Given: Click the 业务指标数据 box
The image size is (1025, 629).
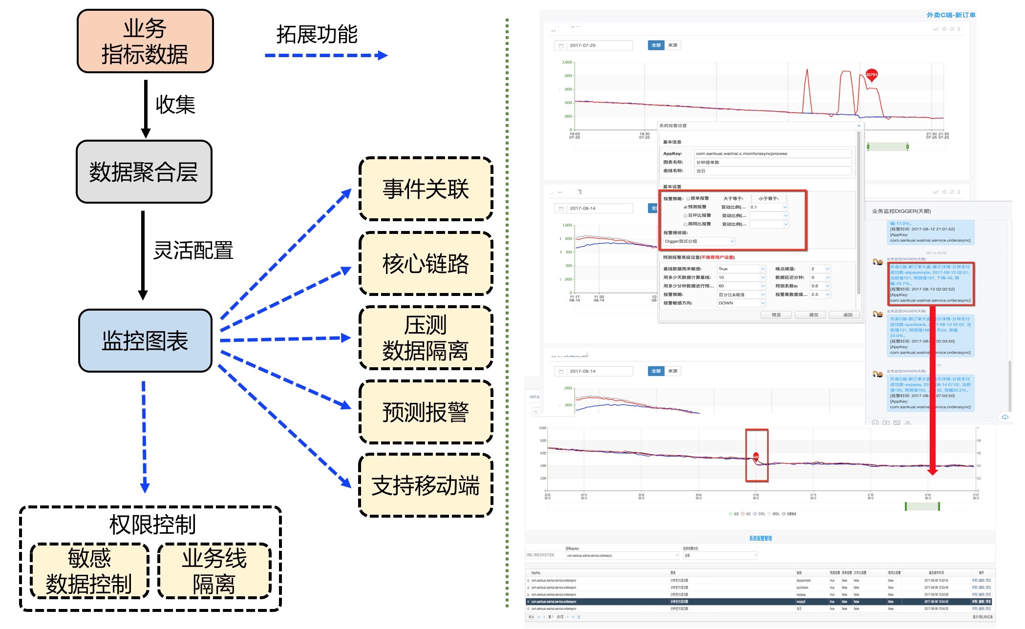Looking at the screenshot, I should point(145,41).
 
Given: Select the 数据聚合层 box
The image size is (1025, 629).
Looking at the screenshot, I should point(144,172).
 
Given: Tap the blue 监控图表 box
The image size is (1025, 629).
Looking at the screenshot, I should point(145,340).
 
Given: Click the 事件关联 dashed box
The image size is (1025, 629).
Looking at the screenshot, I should point(426,189).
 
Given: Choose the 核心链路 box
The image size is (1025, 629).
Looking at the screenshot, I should point(426,264).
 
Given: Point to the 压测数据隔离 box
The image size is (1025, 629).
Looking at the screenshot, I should point(426,338).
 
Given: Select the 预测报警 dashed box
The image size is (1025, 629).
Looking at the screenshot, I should point(426,412).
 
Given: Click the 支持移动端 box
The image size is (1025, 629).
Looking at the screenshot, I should point(426,485).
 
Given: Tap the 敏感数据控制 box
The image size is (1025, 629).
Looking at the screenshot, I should point(89,571).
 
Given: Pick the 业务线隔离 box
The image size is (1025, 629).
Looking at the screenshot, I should point(214,571).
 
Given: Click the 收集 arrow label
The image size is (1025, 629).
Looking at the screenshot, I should point(175,105).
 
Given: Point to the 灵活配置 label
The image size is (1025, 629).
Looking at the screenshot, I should point(193,250).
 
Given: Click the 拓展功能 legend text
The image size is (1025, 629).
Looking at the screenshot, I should point(317,35).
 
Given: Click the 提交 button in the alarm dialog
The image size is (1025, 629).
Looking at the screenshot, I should point(813,315).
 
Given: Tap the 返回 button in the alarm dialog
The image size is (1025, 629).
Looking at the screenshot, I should point(848,315).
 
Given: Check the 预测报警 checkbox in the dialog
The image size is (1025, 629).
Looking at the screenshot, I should point(685,207).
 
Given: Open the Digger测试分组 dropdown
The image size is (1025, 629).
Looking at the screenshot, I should point(699,241).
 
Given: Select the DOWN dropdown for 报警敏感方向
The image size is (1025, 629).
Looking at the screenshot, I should point(741,303).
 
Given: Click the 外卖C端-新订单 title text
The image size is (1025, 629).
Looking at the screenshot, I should point(951,15).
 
